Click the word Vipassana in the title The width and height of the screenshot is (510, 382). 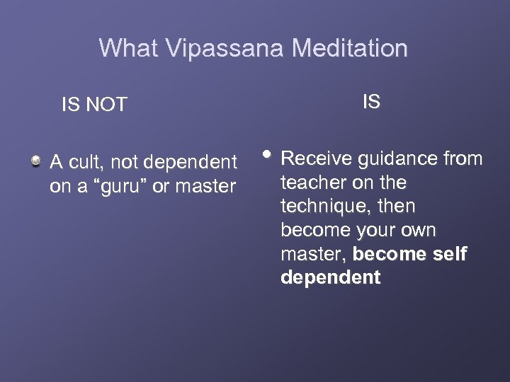(x=225, y=48)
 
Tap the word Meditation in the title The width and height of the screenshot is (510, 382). (x=350, y=48)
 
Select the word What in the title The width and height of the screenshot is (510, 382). (x=129, y=48)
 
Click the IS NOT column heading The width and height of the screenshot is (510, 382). (x=94, y=105)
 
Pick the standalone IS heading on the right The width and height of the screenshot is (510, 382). (x=371, y=102)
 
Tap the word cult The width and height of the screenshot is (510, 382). (x=88, y=163)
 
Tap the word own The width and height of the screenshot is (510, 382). (x=419, y=231)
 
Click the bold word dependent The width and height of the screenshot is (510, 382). (x=330, y=278)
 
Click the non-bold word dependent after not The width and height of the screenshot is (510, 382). (x=190, y=163)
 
